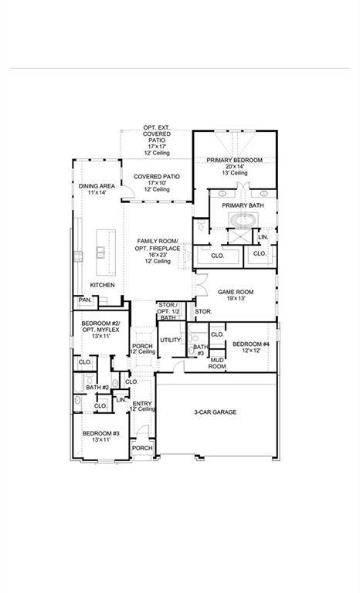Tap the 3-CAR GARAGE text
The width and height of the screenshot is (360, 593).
pos(215,412)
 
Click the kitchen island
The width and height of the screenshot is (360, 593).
pos(102,252)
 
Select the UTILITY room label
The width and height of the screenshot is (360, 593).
pos(170,340)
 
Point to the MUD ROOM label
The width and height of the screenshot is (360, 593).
pos(216,363)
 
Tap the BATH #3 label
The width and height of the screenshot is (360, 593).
pos(199,350)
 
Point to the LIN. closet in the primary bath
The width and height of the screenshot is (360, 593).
pos(263,237)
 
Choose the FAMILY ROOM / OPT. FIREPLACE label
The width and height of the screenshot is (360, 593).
pos(158,251)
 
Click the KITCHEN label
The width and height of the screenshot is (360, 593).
pos(102,285)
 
